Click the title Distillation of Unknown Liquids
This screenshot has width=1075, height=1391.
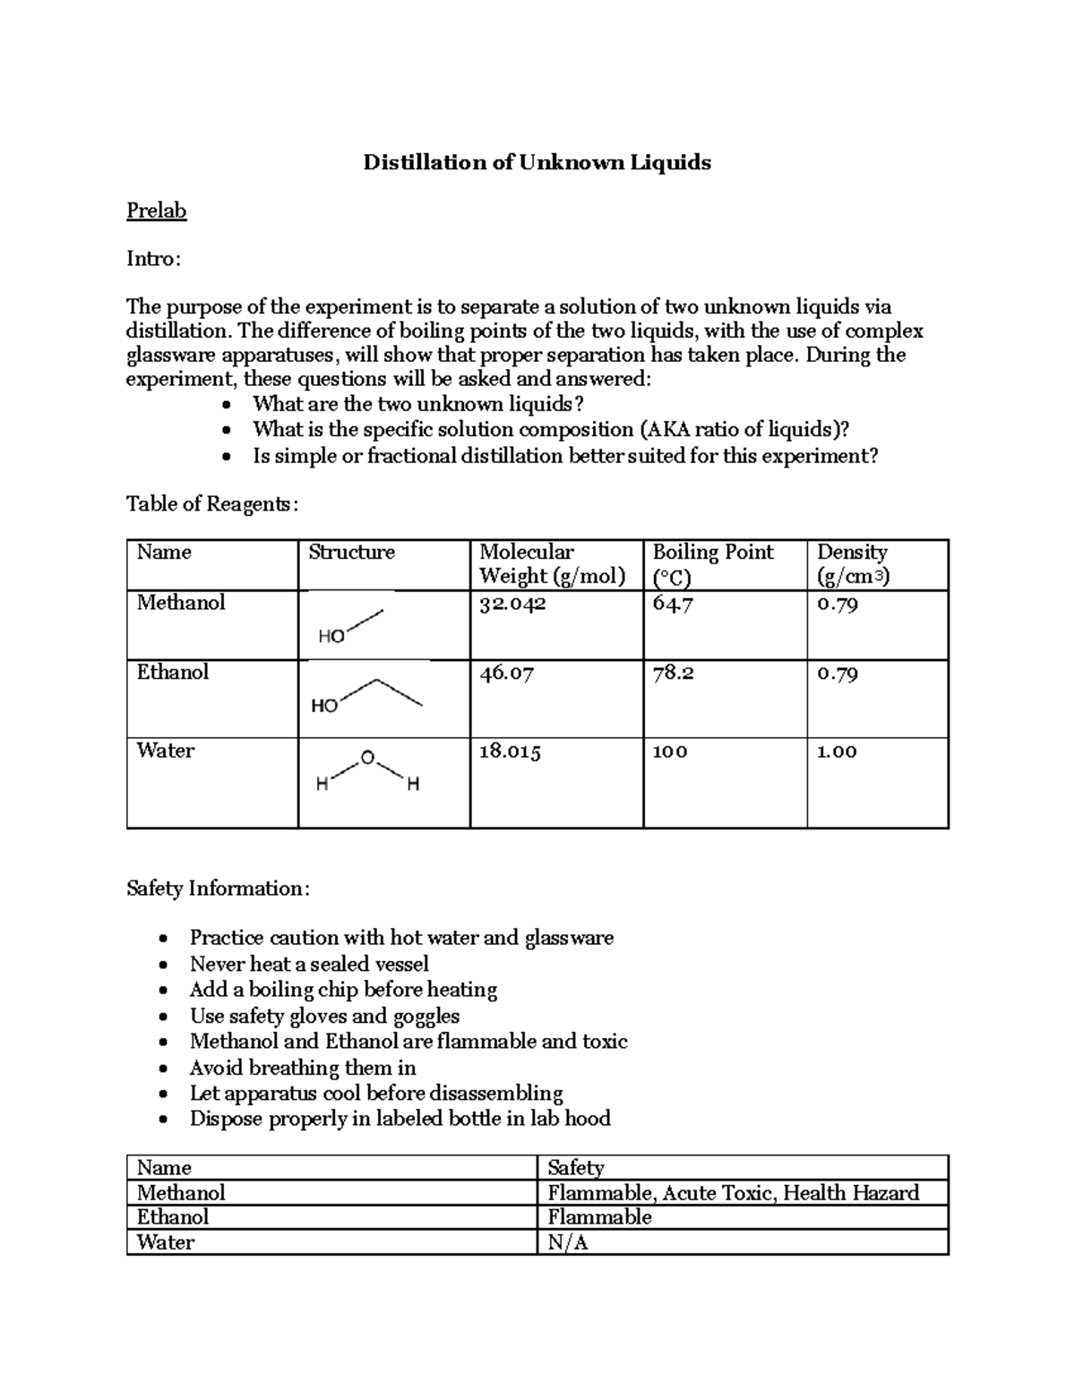click(x=537, y=162)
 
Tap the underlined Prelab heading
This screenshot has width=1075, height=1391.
click(x=156, y=210)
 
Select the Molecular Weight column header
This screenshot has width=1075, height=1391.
click(x=552, y=563)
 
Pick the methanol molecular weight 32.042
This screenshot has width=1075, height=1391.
click(x=512, y=604)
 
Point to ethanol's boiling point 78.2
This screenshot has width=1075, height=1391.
click(x=673, y=674)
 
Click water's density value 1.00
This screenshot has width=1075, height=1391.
click(x=837, y=751)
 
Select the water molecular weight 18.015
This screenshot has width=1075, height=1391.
click(x=510, y=751)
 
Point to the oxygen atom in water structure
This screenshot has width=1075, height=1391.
click(x=365, y=759)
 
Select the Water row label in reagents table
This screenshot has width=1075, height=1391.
click(x=165, y=751)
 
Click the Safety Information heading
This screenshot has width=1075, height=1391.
click(x=218, y=889)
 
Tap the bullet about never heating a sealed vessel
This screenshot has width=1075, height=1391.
click(x=309, y=964)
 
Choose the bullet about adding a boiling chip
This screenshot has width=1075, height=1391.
click(x=343, y=990)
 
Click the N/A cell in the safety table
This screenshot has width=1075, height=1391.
click(x=568, y=1242)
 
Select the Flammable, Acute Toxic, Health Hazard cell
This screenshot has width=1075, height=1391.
click(x=733, y=1192)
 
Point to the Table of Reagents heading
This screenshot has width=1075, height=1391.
click(x=211, y=504)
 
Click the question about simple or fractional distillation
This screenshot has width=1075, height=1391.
click(x=564, y=456)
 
